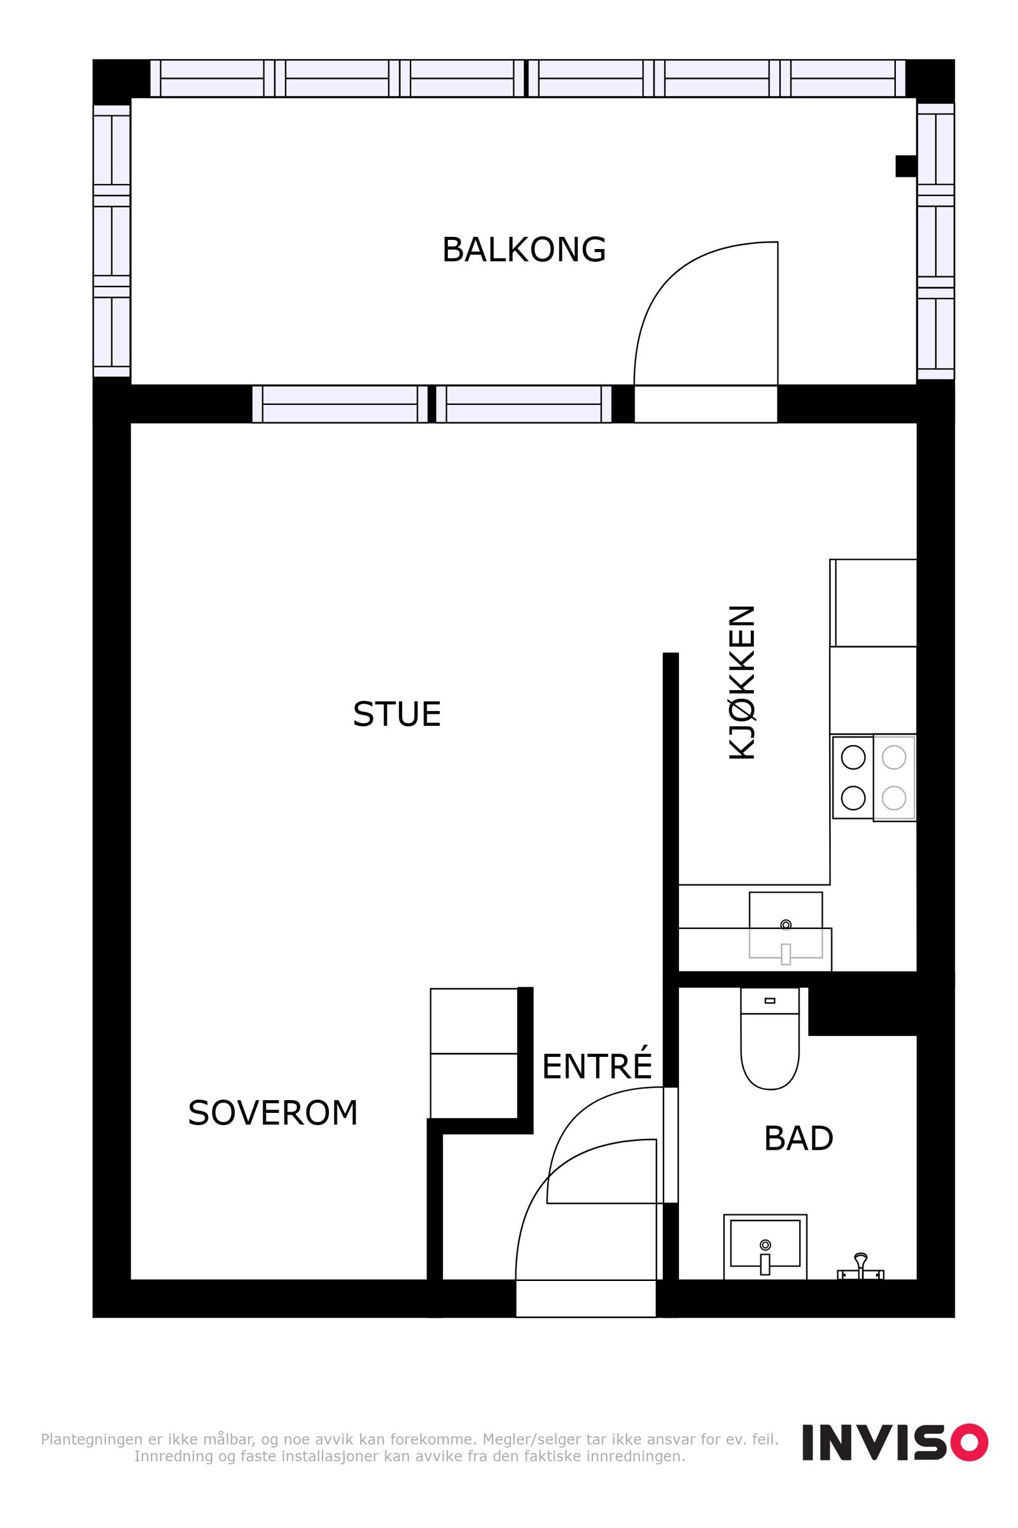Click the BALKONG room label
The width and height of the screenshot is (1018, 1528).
pyautogui.click(x=524, y=250)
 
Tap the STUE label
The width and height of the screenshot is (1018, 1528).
pyautogui.click(x=396, y=714)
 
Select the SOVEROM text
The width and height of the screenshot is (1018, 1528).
pyautogui.click(x=273, y=1113)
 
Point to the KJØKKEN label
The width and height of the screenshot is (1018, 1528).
pyautogui.click(x=742, y=682)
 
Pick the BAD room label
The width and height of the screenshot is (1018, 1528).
pyautogui.click(x=798, y=1138)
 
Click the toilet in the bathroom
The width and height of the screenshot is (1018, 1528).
pyautogui.click(x=770, y=1038)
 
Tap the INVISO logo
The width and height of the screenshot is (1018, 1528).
pyautogui.click(x=895, y=1441)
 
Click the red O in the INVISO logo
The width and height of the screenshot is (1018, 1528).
pyautogui.click(x=970, y=1441)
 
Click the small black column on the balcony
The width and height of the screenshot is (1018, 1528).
pyautogui.click(x=906, y=166)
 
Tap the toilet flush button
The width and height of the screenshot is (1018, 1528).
pyautogui.click(x=770, y=1000)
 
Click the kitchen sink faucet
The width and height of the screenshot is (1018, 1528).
pyautogui.click(x=786, y=954)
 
